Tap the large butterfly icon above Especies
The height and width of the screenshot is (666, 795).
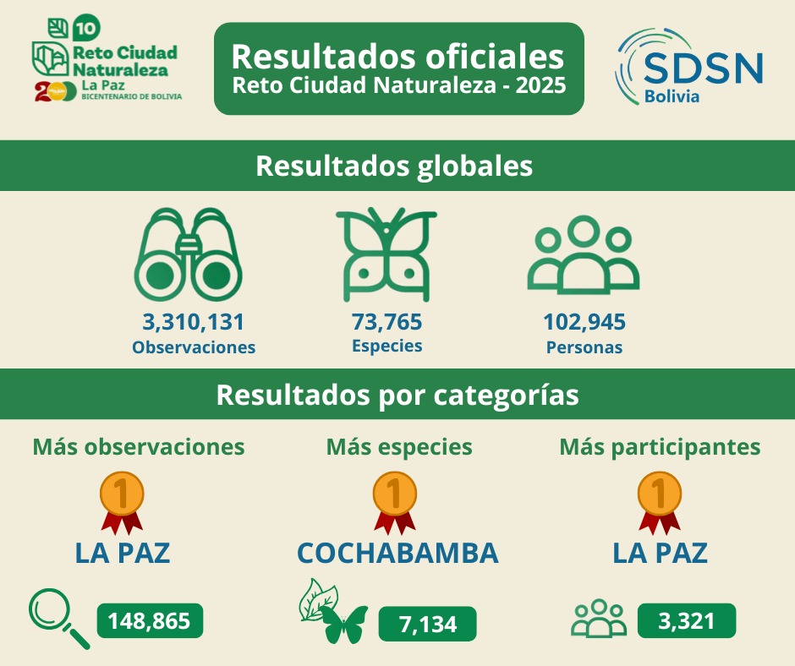(386, 254)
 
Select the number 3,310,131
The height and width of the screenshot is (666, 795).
(193, 322)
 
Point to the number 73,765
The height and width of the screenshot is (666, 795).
(387, 322)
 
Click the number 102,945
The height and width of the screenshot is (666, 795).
(584, 322)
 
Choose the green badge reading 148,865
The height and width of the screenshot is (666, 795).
(151, 621)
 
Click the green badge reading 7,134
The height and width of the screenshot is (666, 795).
(427, 625)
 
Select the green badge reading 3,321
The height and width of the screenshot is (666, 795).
(686, 621)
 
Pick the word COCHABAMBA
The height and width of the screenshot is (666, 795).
(397, 553)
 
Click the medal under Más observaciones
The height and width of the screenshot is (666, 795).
(122, 502)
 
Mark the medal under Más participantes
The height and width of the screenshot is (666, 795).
(660, 502)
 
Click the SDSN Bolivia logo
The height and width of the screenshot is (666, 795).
(690, 68)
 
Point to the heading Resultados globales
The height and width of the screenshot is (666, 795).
(394, 166)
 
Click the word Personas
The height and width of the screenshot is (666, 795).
(584, 347)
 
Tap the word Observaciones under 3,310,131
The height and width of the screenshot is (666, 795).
(194, 347)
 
